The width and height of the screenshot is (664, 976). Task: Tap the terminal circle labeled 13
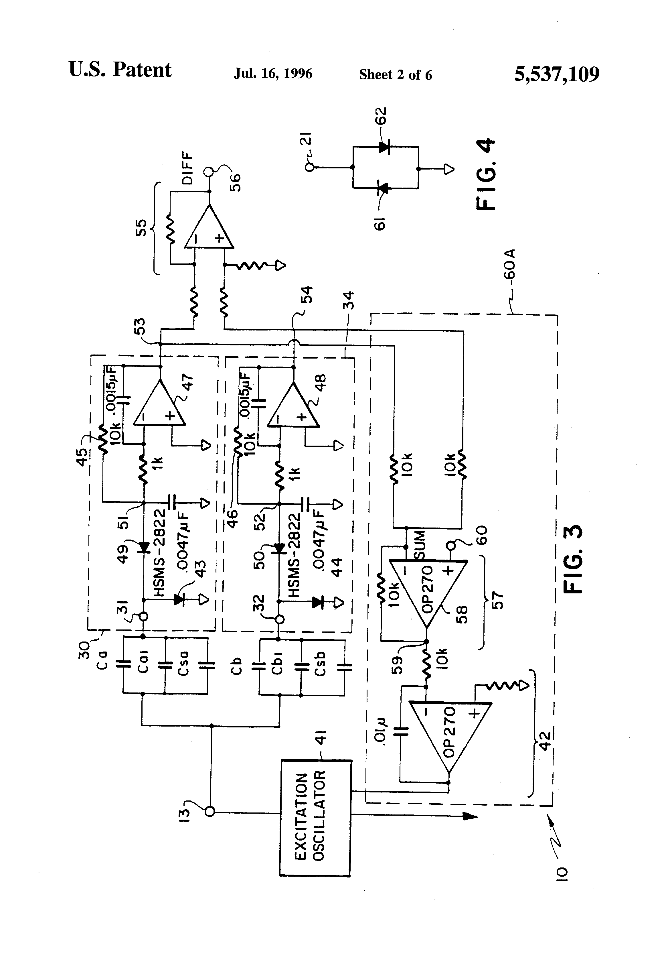pos(210,812)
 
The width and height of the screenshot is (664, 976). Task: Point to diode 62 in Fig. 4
pos(383,147)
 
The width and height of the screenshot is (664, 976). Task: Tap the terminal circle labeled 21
pos(310,167)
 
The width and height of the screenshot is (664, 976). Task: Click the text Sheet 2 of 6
pos(395,75)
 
